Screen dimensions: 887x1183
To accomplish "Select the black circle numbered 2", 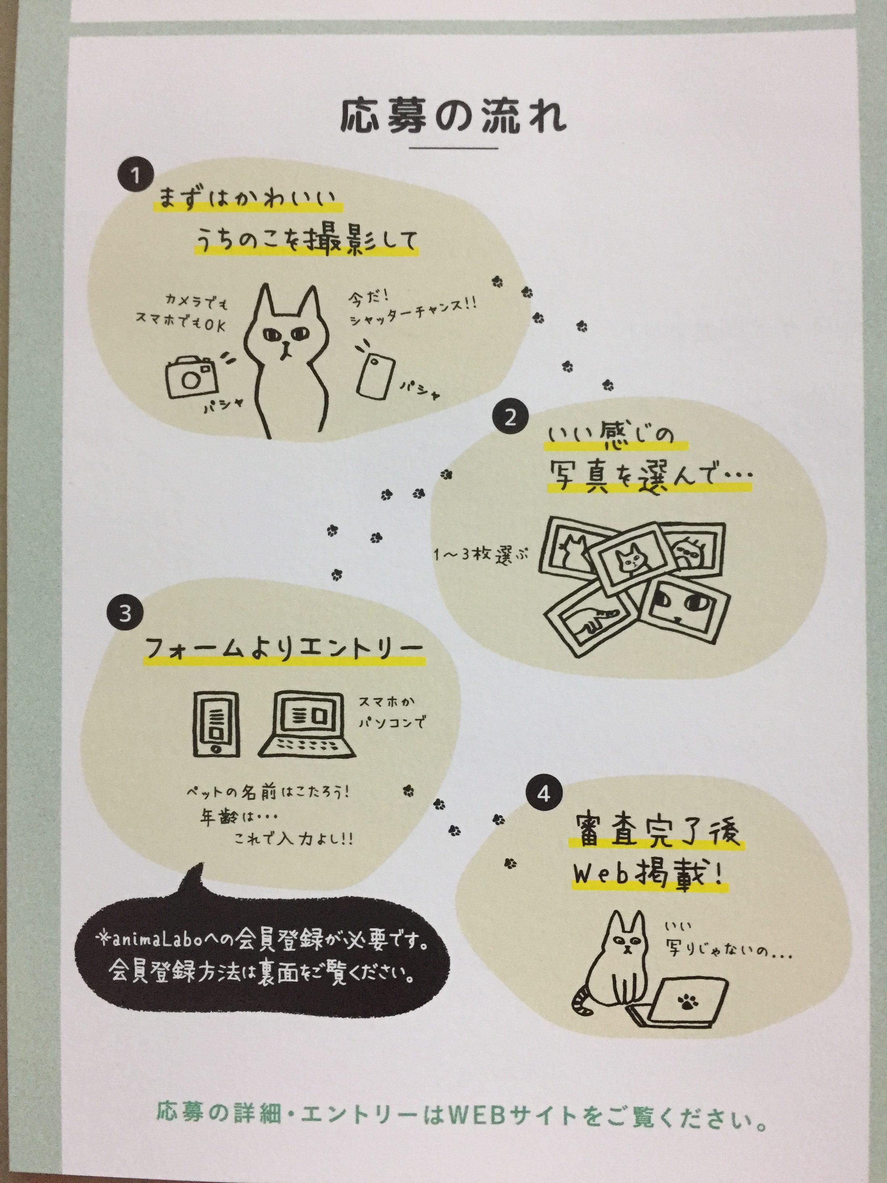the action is pyautogui.click(x=510, y=417).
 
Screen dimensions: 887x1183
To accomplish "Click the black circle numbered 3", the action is pyautogui.click(x=125, y=613).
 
